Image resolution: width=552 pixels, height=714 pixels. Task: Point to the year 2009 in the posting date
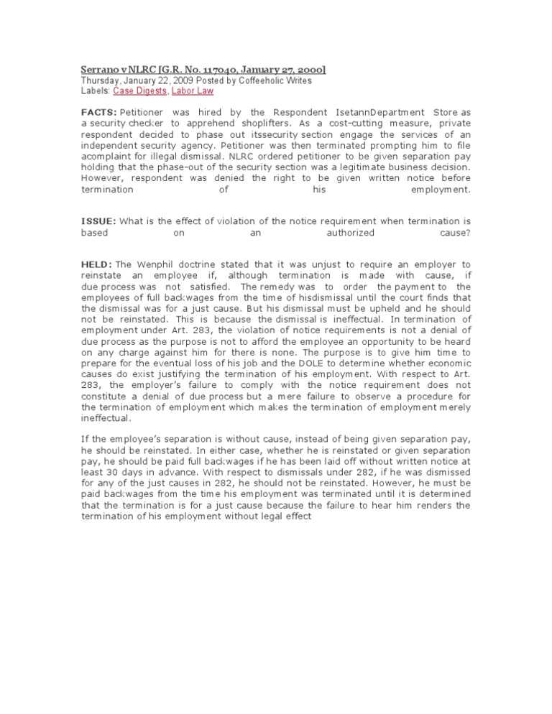click(x=178, y=81)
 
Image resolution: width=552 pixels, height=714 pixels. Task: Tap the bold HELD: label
click(x=96, y=265)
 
